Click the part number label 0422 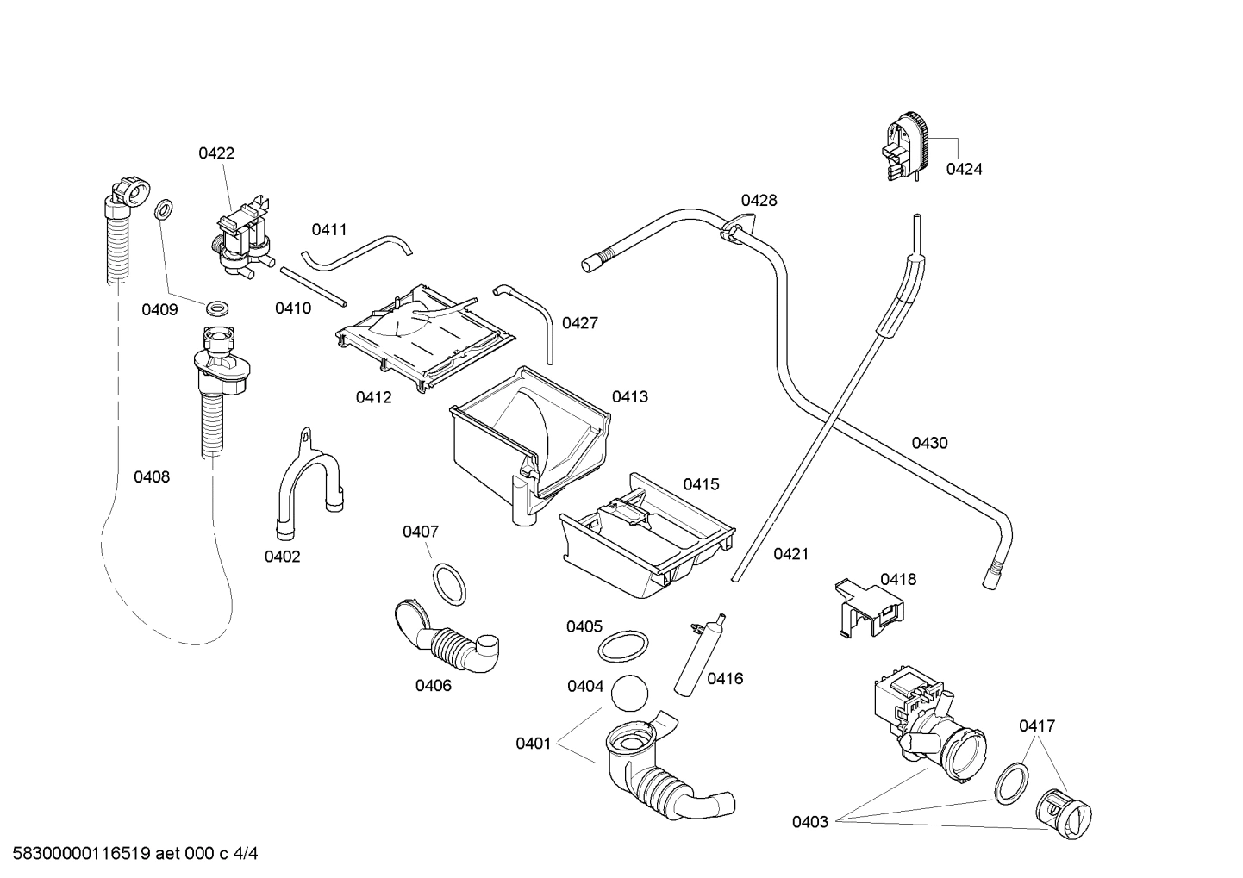pyautogui.click(x=216, y=153)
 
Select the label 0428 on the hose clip pyautogui.click(x=759, y=201)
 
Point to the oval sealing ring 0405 pyautogui.click(x=623, y=645)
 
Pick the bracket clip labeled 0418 pyautogui.click(x=870, y=607)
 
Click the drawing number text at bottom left pyautogui.click(x=130, y=854)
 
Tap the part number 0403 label pyautogui.click(x=810, y=822)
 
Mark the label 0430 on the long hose pyautogui.click(x=929, y=443)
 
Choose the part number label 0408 pyautogui.click(x=152, y=476)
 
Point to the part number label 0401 pyautogui.click(x=533, y=744)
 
